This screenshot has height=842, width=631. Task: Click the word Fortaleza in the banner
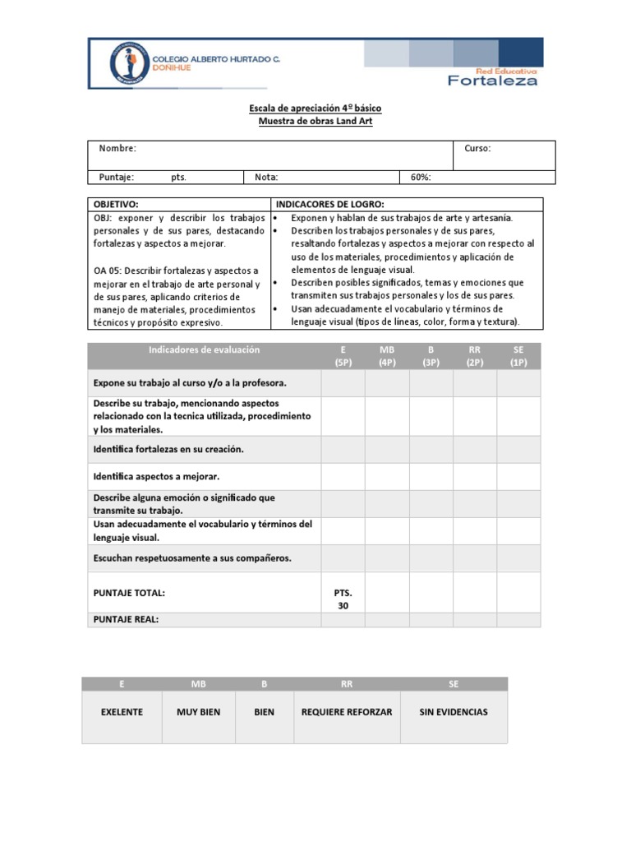(x=492, y=80)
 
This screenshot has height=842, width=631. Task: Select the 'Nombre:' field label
(x=117, y=148)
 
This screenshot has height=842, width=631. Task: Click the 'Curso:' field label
(x=477, y=148)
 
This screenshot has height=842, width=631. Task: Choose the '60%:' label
(x=419, y=177)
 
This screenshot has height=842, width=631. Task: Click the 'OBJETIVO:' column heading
(x=116, y=204)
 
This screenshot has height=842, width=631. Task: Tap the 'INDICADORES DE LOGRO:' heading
(x=329, y=204)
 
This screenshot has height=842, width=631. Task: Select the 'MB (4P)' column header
(x=387, y=356)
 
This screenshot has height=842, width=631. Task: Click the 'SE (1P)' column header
(x=518, y=356)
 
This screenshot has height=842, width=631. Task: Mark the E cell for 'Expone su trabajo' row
(x=343, y=383)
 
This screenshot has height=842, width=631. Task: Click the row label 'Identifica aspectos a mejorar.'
(x=156, y=476)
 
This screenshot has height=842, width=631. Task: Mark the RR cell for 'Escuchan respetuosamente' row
(x=474, y=558)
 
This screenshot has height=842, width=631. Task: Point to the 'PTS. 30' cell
(x=343, y=599)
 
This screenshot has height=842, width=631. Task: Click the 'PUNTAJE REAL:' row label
(x=126, y=619)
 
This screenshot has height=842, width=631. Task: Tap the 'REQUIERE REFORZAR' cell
(x=346, y=712)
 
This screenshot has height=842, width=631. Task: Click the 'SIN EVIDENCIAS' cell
(x=453, y=712)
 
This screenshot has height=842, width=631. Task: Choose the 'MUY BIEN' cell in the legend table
(x=198, y=712)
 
